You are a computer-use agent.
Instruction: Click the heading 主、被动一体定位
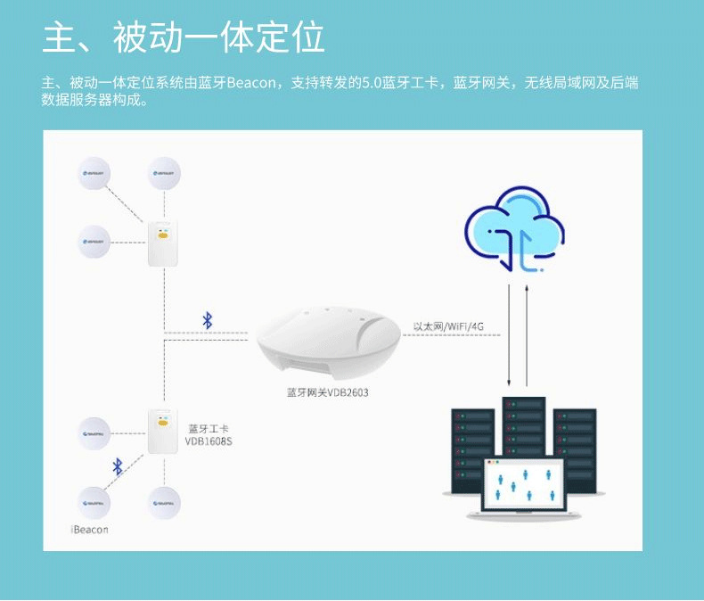click(184, 38)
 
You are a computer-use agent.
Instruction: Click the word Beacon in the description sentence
click(252, 84)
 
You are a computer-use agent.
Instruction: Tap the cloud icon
click(515, 229)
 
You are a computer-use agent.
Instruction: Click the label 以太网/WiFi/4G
click(449, 326)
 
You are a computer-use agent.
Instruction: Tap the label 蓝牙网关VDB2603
click(327, 392)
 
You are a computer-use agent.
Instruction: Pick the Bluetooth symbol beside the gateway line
click(208, 320)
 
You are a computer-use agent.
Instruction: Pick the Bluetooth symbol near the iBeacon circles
click(117, 465)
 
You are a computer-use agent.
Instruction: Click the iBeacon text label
click(89, 530)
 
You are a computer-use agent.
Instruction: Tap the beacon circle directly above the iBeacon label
click(94, 504)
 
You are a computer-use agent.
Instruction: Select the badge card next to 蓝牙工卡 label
click(160, 432)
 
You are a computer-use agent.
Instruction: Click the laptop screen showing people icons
click(522, 486)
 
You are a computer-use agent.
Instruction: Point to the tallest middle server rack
click(523, 428)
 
